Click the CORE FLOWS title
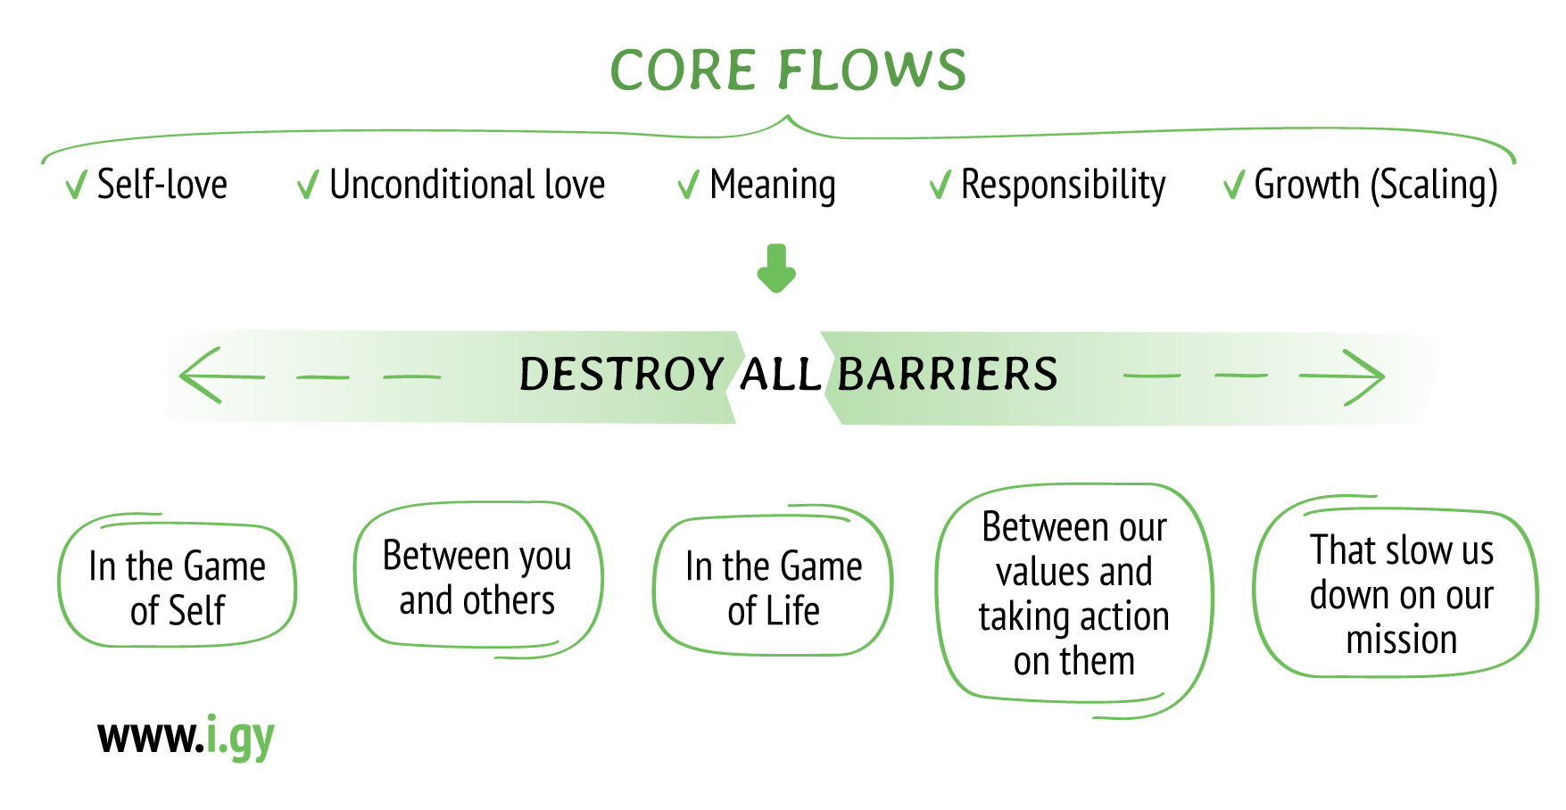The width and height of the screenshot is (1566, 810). [788, 70]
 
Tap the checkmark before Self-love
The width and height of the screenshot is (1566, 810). [76, 186]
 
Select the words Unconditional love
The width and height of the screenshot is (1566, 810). [467, 185]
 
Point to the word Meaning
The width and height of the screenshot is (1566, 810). [773, 186]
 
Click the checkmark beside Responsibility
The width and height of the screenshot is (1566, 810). [940, 186]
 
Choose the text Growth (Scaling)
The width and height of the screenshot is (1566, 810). [1375, 186]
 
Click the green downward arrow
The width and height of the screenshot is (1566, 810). [776, 269]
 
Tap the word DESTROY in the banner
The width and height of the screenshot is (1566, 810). [621, 375]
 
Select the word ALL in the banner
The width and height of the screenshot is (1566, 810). [781, 375]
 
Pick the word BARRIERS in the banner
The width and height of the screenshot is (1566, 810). [948, 375]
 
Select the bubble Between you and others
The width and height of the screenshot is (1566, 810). [477, 578]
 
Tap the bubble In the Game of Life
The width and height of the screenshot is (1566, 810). [774, 587]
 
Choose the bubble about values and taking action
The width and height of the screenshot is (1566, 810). [1074, 594]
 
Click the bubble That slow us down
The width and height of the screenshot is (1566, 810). [1401, 594]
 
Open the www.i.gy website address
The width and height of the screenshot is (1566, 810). [186, 738]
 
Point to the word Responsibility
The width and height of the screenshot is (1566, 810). [1063, 186]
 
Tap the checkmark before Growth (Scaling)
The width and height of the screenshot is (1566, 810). [1233, 186]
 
